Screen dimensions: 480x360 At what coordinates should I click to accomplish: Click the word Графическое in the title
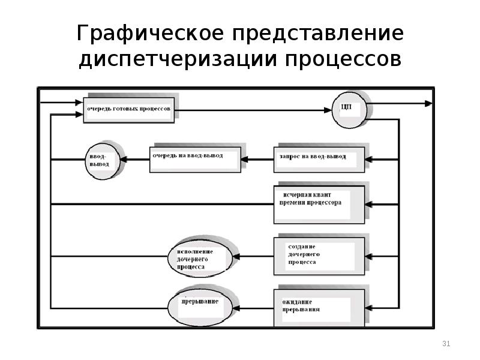(x=150, y=34)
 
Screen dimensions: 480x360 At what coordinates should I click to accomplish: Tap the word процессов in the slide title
(x=343, y=59)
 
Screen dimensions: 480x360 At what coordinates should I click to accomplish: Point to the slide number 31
(x=446, y=343)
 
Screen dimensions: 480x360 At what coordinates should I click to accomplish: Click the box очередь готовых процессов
(x=129, y=110)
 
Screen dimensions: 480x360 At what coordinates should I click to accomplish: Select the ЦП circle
(x=349, y=110)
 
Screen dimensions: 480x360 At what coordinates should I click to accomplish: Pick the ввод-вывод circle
(x=103, y=161)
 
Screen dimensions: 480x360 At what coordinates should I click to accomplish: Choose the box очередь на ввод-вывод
(x=196, y=160)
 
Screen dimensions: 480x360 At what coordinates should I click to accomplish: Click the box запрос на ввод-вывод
(x=319, y=160)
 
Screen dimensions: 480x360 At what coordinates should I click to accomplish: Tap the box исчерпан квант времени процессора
(x=319, y=205)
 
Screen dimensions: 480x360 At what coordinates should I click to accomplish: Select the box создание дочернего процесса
(x=319, y=256)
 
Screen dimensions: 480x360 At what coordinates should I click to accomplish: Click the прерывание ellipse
(x=200, y=307)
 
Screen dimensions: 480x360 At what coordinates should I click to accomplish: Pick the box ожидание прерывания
(x=319, y=308)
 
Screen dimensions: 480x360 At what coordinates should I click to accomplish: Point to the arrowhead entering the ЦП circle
(x=328, y=110)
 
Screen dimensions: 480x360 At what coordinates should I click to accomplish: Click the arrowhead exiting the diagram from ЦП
(x=428, y=104)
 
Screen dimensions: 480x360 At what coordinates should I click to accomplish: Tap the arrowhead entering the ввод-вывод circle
(x=124, y=160)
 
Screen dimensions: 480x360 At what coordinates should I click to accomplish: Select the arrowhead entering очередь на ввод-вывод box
(x=245, y=160)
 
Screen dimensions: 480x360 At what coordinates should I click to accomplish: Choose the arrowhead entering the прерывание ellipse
(x=236, y=308)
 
